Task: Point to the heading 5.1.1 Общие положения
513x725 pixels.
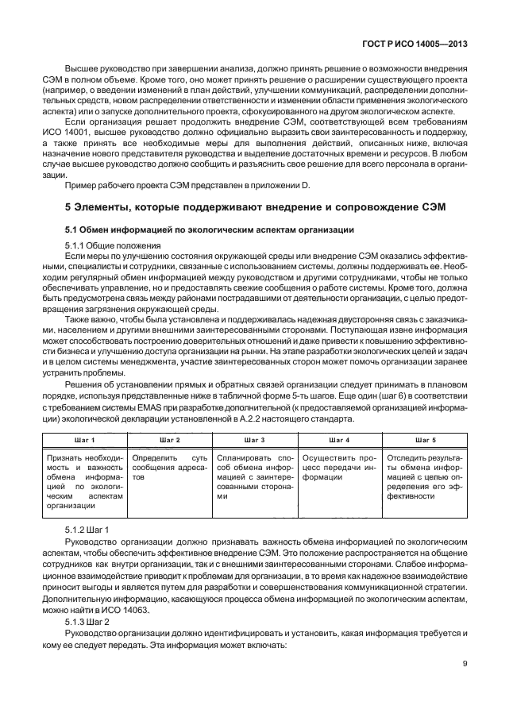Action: click(x=113, y=245)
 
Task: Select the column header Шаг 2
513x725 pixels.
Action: click(x=169, y=439)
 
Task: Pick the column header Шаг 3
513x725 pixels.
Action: click(x=255, y=439)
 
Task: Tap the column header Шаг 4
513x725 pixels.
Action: click(x=339, y=439)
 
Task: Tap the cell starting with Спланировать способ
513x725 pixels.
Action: click(x=254, y=476)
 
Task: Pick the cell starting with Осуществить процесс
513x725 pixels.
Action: click(x=339, y=463)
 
